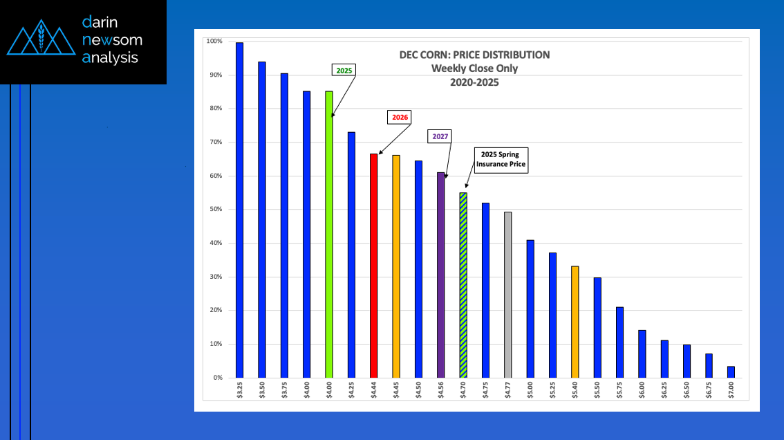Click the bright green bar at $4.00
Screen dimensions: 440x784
pyautogui.click(x=329, y=234)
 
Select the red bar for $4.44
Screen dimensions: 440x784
pyautogui.click(x=373, y=266)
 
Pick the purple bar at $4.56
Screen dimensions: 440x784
pyautogui.click(x=440, y=275)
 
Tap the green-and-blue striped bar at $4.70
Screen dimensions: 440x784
pyautogui.click(x=463, y=285)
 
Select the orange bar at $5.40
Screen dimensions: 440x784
pyautogui.click(x=575, y=322)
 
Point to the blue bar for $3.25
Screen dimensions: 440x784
pyautogui.click(x=239, y=210)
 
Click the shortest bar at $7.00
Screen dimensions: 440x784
pyautogui.click(x=731, y=372)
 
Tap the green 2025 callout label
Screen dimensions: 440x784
pyautogui.click(x=344, y=71)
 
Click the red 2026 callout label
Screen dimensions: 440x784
pyautogui.click(x=400, y=118)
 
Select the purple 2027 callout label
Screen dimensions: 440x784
pyautogui.click(x=440, y=136)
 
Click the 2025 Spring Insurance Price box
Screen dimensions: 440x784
pyautogui.click(x=501, y=160)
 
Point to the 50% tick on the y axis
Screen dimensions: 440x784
pyautogui.click(x=214, y=210)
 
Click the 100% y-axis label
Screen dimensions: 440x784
pyautogui.click(x=214, y=42)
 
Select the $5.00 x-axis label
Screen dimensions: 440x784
pyautogui.click(x=530, y=389)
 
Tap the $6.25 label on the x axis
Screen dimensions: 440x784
pyautogui.click(x=664, y=389)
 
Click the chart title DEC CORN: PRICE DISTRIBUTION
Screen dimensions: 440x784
pyautogui.click(x=474, y=55)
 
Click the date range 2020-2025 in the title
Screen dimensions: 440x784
pyautogui.click(x=474, y=82)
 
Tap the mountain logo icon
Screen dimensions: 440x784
pyautogui.click(x=41, y=40)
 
